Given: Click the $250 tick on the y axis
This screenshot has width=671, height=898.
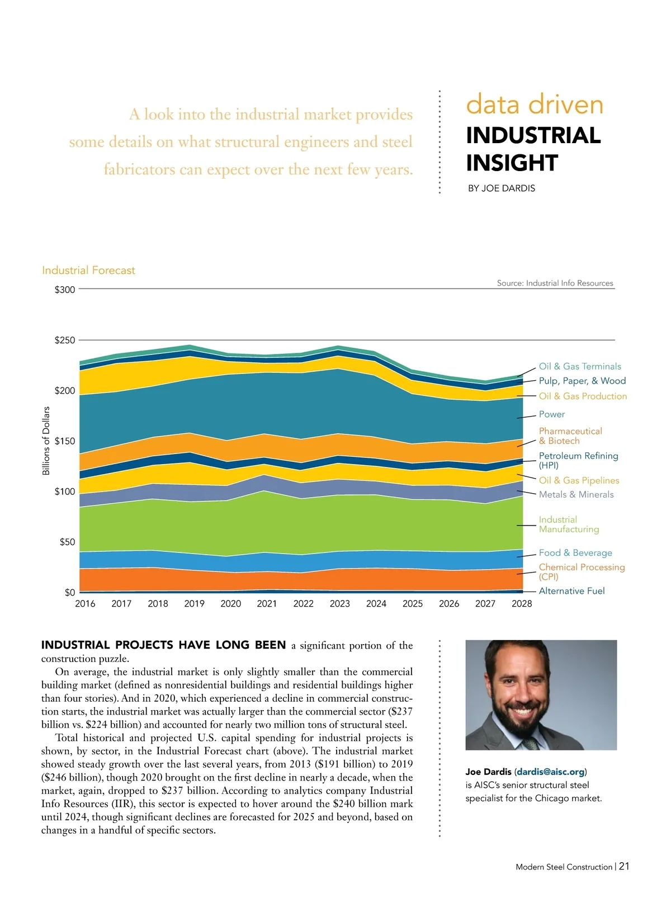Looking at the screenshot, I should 64,341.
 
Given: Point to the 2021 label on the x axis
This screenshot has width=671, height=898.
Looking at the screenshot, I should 267,604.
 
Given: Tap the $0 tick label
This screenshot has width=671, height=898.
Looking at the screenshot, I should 69,593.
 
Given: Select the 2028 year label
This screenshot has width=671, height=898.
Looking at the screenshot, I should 522,604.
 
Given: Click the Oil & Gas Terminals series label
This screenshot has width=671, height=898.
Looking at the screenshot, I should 579,367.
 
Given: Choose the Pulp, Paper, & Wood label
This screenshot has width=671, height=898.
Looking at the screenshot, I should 582,381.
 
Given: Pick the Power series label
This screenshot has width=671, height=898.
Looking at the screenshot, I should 551,414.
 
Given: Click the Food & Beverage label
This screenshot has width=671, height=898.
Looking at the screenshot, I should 575,553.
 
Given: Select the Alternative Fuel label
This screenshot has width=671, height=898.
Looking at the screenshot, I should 571,591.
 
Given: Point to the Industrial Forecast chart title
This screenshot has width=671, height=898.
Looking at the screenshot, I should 88,271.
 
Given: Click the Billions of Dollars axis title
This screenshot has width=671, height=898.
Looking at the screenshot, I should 46,441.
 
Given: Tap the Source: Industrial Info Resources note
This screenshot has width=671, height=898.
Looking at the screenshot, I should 555,283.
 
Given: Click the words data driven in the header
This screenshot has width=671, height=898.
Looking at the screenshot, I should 535,105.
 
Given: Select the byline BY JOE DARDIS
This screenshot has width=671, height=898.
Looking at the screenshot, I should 501,189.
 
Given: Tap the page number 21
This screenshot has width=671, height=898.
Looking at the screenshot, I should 624,867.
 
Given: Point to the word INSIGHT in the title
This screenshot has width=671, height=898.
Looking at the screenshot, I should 512,163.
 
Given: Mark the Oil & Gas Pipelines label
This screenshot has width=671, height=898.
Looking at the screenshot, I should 579,481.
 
